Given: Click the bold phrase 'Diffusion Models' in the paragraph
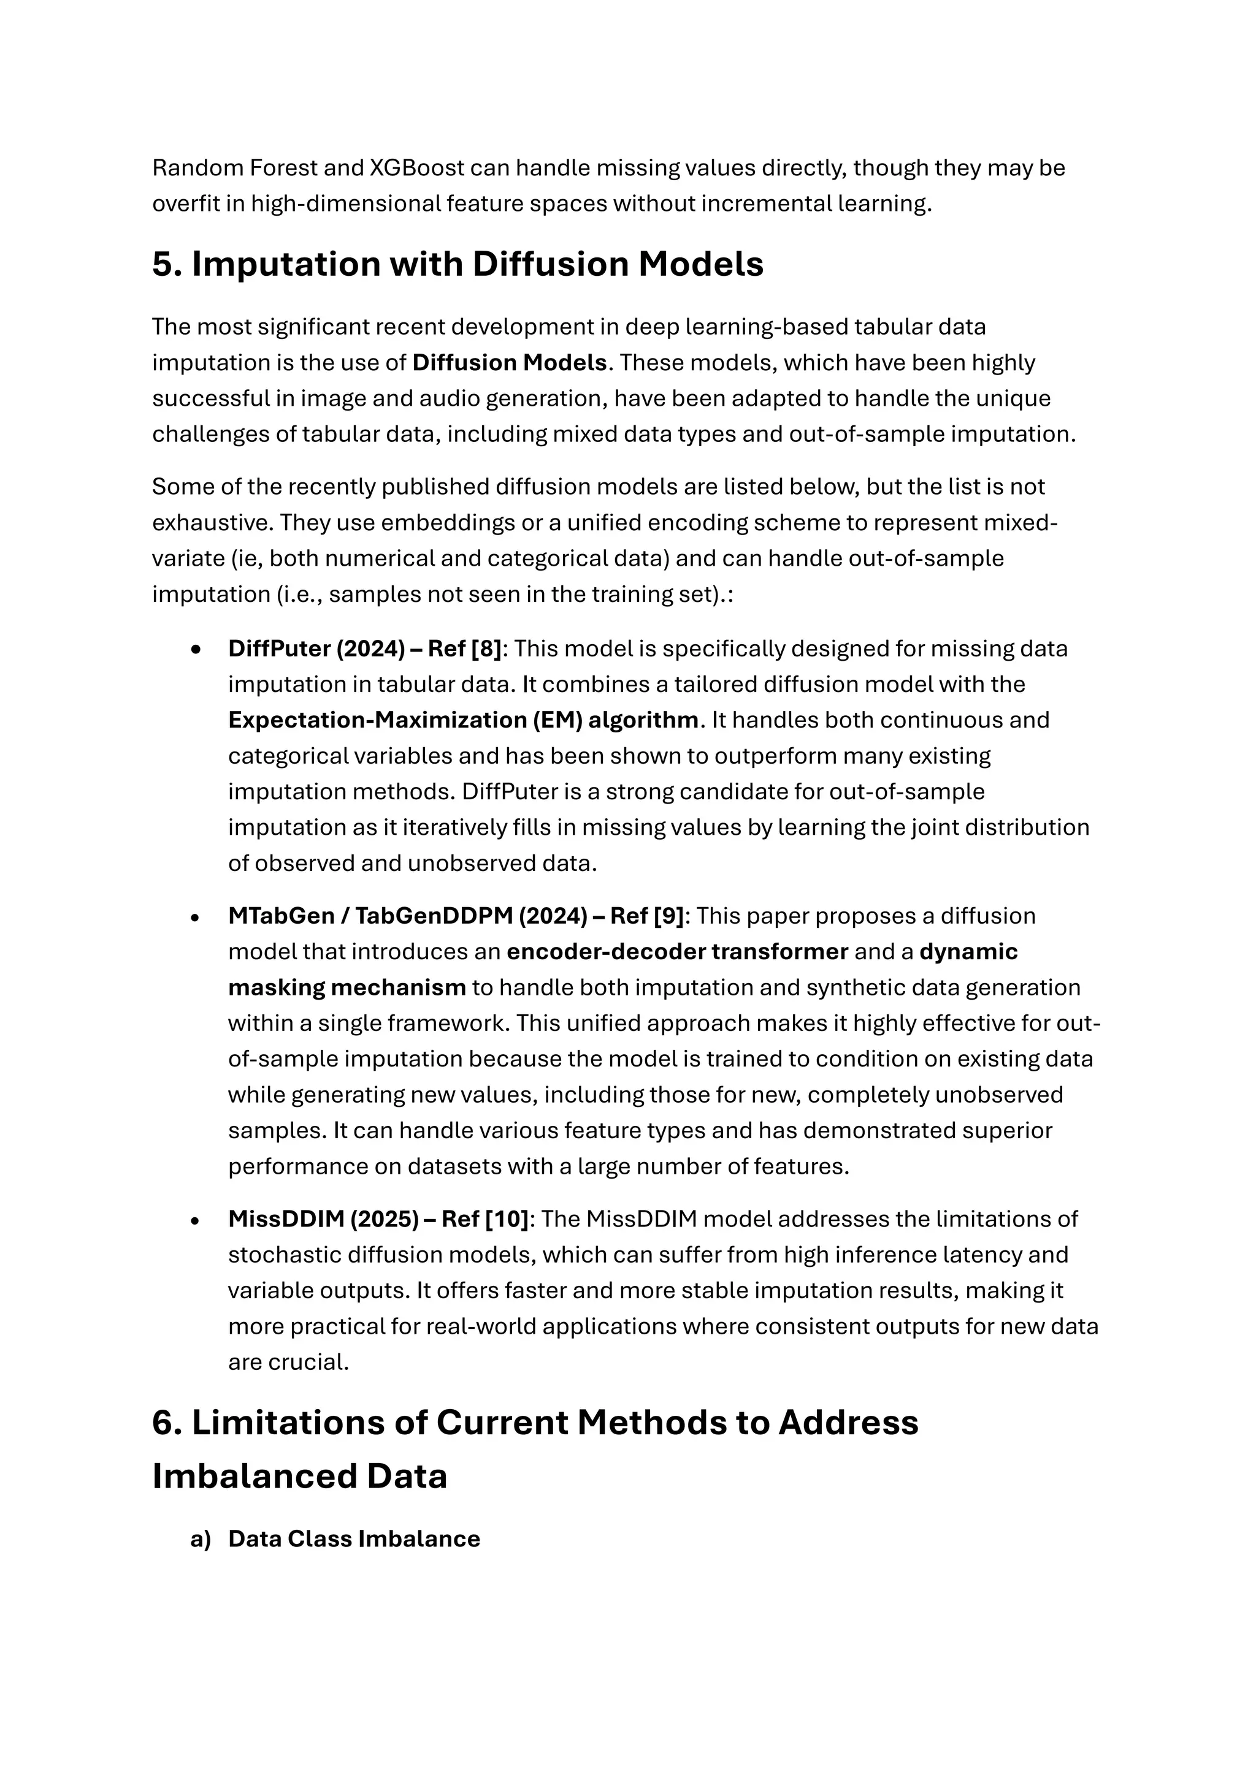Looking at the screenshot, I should click(510, 363).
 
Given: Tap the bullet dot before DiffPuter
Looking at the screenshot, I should click(196, 650).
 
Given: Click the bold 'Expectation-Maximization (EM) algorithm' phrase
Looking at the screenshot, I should click(462, 720).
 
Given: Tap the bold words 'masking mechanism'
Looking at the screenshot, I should click(347, 987).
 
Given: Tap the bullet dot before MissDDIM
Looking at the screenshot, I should click(196, 1220).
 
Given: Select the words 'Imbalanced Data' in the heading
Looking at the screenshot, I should click(299, 1476).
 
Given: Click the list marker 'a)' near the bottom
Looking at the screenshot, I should click(201, 1539).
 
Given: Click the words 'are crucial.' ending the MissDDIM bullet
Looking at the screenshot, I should click(288, 1362).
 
